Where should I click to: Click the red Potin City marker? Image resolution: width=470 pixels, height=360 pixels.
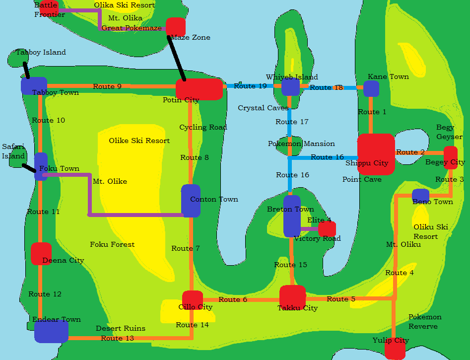click(199, 89)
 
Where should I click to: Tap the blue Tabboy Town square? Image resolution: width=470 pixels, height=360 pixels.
click(34, 86)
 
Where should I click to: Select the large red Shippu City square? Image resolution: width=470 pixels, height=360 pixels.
click(376, 154)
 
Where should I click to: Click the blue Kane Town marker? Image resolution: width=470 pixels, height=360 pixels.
click(371, 88)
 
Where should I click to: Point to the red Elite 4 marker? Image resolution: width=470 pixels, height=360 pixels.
click(327, 229)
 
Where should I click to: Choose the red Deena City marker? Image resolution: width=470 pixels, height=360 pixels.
click(41, 253)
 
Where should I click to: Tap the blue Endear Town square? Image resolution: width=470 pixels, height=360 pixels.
click(51, 331)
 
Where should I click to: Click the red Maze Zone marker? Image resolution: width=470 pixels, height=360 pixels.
click(175, 27)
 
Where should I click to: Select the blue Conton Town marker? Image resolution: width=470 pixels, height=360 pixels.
click(191, 201)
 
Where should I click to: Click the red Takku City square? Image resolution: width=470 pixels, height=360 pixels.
click(292, 297)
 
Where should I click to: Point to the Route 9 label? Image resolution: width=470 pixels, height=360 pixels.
click(107, 86)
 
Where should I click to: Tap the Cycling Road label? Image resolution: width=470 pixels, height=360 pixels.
click(203, 127)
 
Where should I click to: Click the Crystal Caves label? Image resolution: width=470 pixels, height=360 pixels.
click(263, 108)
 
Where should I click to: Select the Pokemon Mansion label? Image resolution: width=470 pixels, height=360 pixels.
click(301, 144)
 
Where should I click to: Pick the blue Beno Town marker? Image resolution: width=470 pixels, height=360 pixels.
click(420, 196)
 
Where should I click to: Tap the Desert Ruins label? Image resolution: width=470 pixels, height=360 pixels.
click(121, 328)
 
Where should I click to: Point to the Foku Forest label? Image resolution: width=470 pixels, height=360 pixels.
click(112, 244)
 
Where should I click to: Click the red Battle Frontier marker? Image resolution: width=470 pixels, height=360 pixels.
click(49, 8)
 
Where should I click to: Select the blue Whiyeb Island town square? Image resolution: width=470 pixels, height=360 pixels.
click(290, 86)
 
